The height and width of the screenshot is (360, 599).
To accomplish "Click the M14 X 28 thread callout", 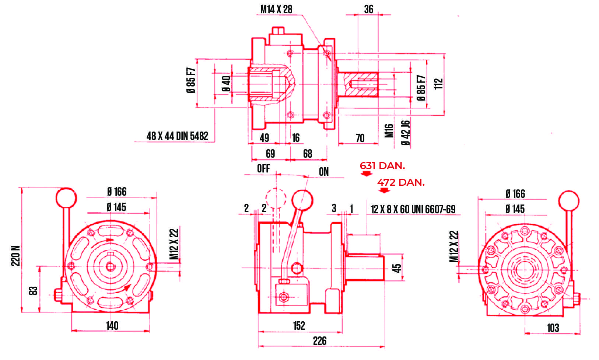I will pyautogui.click(x=276, y=10).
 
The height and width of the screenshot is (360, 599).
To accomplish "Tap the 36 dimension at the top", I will pyautogui.click(x=368, y=10).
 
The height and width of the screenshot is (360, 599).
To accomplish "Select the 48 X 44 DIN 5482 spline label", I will pyautogui.click(x=177, y=136).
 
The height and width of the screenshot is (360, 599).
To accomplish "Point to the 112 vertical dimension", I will pyautogui.click(x=438, y=84).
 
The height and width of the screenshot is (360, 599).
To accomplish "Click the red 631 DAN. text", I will pyautogui.click(x=382, y=166).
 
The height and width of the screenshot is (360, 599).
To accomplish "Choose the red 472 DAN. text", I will pyautogui.click(x=401, y=182).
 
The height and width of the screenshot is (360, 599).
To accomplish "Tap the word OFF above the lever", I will pyautogui.click(x=263, y=168).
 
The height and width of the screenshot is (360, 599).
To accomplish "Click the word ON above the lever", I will pyautogui.click(x=323, y=172).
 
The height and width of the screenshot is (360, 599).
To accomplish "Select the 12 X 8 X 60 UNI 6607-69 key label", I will pyautogui.click(x=413, y=209).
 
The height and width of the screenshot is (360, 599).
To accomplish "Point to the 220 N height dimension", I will pyautogui.click(x=16, y=255).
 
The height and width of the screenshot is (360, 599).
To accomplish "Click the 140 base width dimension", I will pyautogui.click(x=112, y=325).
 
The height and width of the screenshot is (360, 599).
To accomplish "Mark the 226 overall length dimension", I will pyautogui.click(x=319, y=341).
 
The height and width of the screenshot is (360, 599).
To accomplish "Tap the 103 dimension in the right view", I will pyautogui.click(x=553, y=328).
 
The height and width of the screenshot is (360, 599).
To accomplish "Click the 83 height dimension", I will pyautogui.click(x=34, y=291).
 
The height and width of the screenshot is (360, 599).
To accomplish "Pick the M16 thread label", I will pyautogui.click(x=389, y=130).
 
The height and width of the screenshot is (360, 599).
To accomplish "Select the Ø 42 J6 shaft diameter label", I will pyautogui.click(x=405, y=133).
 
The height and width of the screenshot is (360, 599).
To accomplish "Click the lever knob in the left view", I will pyautogui.click(x=66, y=198).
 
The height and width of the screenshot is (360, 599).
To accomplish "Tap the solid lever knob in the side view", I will pyautogui.click(x=302, y=200).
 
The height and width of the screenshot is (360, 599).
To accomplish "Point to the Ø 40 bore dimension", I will pyautogui.click(x=226, y=84).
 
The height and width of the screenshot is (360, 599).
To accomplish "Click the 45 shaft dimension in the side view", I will pyautogui.click(x=397, y=268).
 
